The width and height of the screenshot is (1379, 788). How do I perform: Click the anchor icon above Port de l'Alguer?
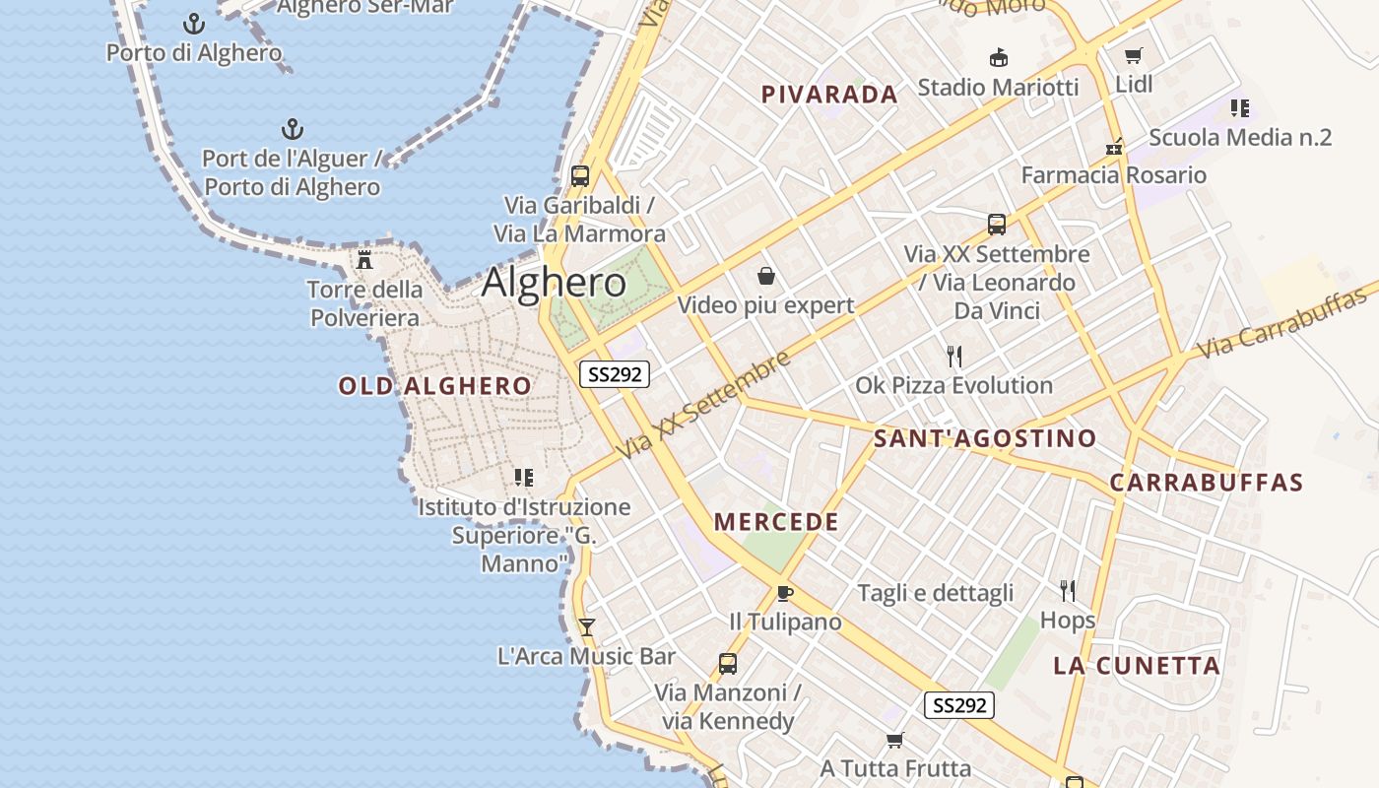(x=292, y=129)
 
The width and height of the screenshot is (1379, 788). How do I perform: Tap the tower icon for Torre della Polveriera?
(x=364, y=260)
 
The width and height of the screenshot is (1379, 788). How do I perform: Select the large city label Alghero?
(x=554, y=283)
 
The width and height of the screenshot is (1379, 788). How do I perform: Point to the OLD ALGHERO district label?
(x=434, y=386)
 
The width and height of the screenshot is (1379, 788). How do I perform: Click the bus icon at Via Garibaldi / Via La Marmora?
(x=580, y=176)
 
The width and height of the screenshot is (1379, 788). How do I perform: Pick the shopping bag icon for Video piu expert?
(x=765, y=276)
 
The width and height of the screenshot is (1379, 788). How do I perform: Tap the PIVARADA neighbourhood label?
(x=829, y=95)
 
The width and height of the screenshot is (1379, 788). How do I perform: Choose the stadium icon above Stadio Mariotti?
(x=998, y=57)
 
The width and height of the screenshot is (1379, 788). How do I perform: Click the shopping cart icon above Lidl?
(x=1134, y=55)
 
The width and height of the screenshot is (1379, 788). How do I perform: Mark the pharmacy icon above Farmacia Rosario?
(x=1114, y=147)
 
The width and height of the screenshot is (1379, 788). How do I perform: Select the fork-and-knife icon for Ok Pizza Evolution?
(x=953, y=356)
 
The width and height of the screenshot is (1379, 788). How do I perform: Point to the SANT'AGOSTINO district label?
(x=985, y=438)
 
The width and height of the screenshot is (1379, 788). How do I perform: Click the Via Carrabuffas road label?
(x=1285, y=321)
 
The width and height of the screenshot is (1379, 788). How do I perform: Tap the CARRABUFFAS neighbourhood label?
(x=1207, y=483)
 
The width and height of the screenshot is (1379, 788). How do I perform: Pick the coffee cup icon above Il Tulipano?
(x=785, y=593)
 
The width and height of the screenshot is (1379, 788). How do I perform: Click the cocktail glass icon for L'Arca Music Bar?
(x=587, y=627)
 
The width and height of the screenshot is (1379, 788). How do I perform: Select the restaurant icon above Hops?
(x=1068, y=590)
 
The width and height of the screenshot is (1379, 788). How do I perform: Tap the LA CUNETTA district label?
(x=1137, y=666)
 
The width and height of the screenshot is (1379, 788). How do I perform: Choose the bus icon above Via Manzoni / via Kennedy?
(x=728, y=664)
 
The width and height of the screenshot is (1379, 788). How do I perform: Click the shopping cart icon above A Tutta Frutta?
(x=895, y=740)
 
